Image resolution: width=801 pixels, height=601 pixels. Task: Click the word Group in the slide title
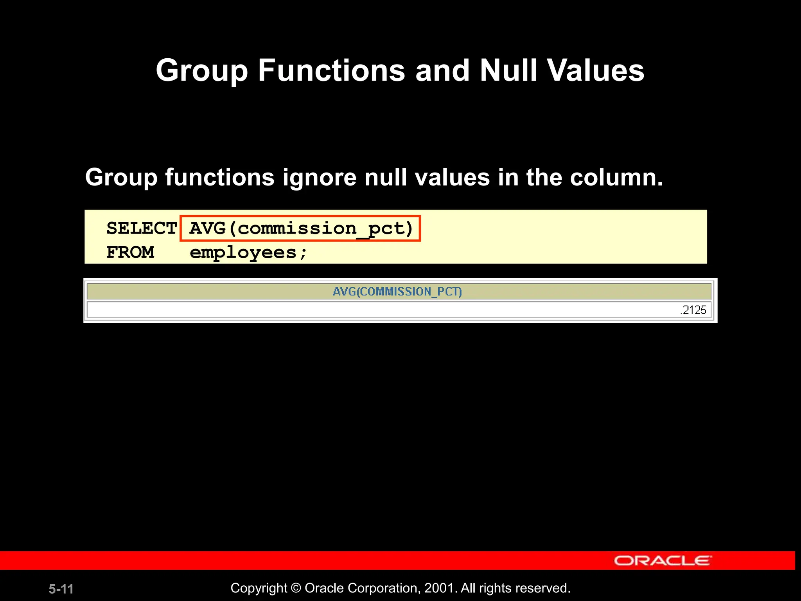201,71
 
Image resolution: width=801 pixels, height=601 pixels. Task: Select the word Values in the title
595,71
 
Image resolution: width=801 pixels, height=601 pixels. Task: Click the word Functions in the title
331,71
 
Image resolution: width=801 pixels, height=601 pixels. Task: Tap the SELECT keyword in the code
142,228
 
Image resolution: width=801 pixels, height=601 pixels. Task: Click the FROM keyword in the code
130,252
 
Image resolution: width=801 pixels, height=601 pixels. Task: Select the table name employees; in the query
248,253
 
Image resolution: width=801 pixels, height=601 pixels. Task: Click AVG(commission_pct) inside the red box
300,228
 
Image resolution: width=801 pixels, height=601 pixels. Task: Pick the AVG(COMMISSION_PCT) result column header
397,292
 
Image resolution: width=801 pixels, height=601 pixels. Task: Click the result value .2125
693,310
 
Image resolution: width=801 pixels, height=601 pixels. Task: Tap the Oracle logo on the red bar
663,560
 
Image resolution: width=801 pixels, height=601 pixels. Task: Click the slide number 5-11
61,589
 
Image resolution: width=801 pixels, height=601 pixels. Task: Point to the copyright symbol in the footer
296,588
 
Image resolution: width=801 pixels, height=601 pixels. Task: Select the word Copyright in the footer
259,588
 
